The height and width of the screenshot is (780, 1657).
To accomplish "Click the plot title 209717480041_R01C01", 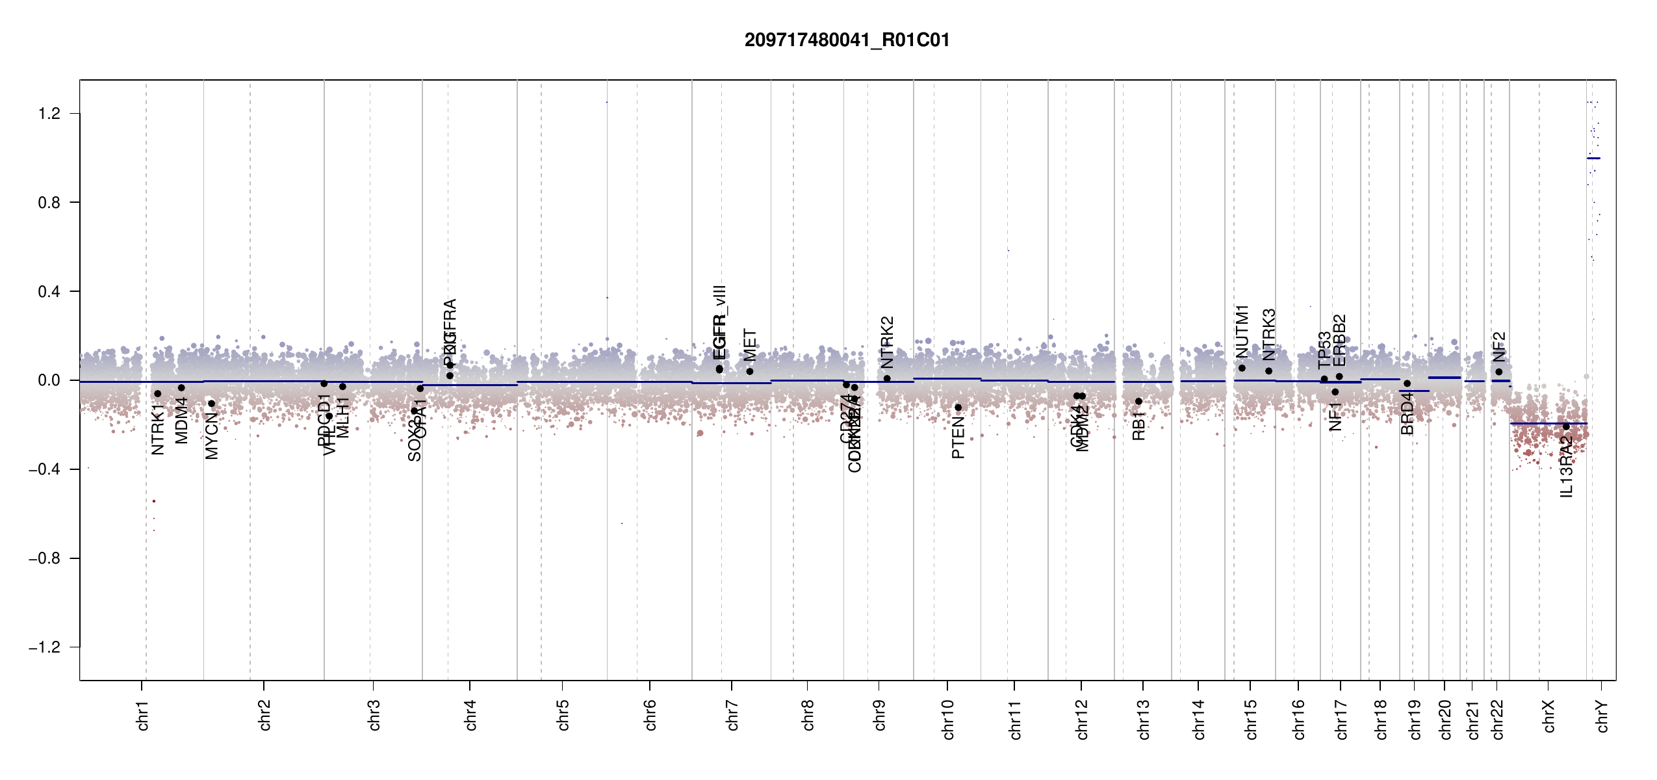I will click(x=847, y=40).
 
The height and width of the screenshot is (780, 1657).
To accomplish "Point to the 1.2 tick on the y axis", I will click(x=49, y=114).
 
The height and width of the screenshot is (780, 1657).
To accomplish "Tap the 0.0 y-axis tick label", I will click(x=49, y=380).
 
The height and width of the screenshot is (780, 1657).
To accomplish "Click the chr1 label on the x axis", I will click(x=143, y=715).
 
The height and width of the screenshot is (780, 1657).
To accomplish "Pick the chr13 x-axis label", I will click(x=1144, y=719).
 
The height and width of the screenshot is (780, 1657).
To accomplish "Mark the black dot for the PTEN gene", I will click(x=958, y=408).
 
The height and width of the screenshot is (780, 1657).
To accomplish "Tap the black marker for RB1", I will click(x=1138, y=402).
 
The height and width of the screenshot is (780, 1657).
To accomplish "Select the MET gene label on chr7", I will click(x=750, y=345).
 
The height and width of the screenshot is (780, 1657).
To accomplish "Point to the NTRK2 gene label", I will click(x=887, y=343).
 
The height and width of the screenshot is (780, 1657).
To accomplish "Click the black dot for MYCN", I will click(x=211, y=404).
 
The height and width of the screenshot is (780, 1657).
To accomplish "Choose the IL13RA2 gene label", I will click(x=1567, y=467).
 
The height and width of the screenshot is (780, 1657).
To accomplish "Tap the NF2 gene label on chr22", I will click(x=1498, y=347).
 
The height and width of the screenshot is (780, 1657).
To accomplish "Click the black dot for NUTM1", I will click(x=1242, y=368).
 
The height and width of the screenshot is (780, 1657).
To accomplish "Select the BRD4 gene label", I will click(x=1407, y=413).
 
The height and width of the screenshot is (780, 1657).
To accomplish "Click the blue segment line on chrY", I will click(x=1593, y=159).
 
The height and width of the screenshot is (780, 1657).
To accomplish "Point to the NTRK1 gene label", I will click(x=157, y=429).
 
